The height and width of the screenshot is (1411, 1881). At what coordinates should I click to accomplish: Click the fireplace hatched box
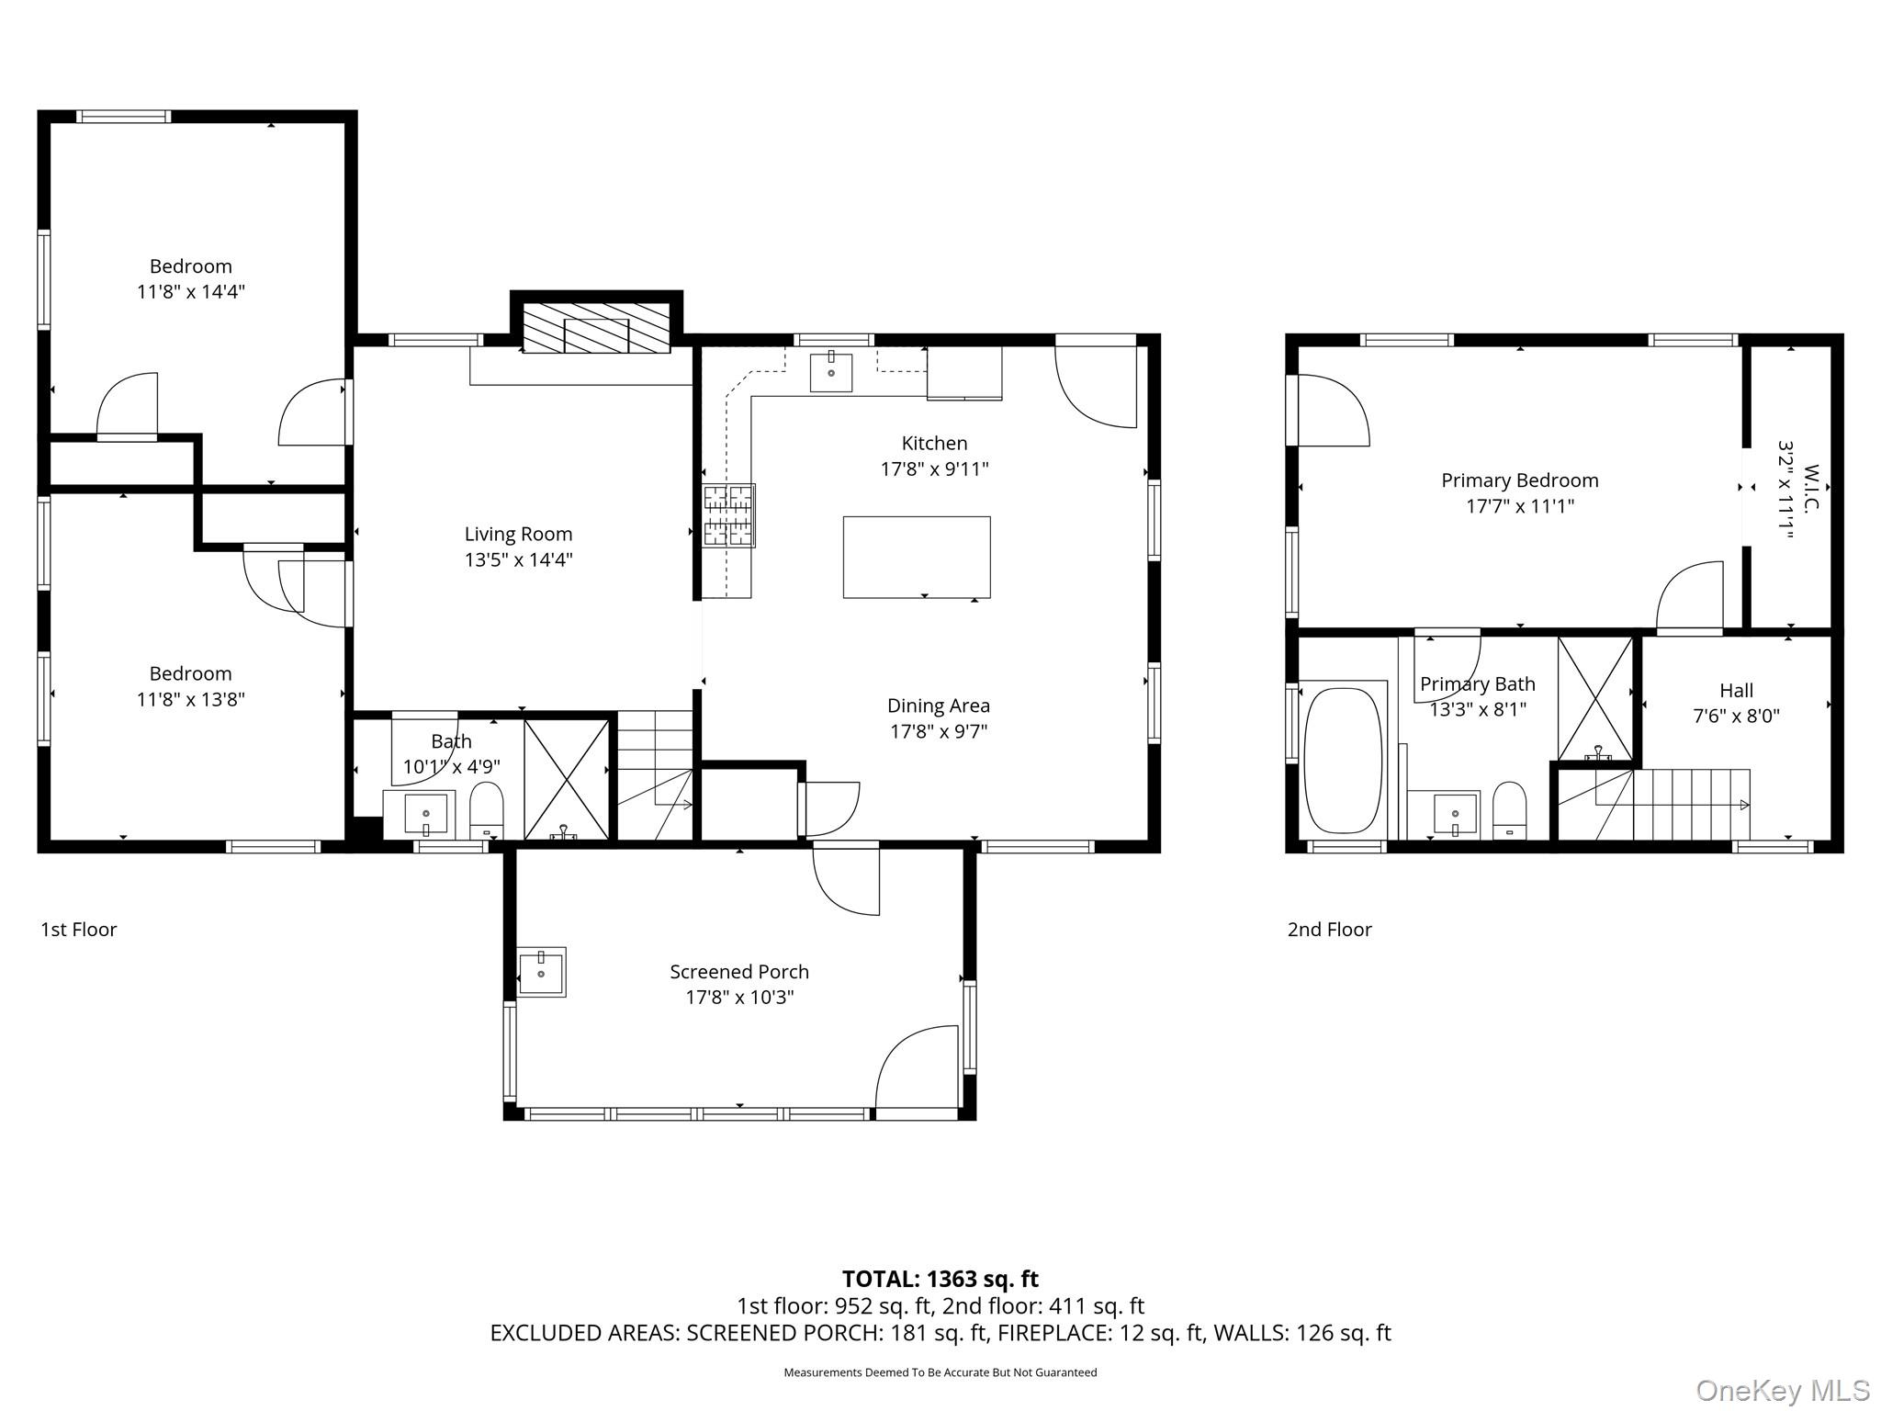[x=596, y=327]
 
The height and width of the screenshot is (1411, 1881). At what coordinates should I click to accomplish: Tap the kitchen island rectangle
[x=916, y=557]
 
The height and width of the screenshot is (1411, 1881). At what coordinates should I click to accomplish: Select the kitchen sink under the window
[x=830, y=372]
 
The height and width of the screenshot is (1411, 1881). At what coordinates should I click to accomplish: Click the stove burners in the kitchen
[x=729, y=515]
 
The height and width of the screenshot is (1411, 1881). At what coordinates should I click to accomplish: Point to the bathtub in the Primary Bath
[x=1343, y=761]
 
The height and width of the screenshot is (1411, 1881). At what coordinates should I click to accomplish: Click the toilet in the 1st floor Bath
[x=487, y=808]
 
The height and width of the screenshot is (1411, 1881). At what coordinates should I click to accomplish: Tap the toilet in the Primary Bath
[x=1509, y=808]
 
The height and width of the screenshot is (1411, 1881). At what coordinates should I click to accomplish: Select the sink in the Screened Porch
[x=541, y=971]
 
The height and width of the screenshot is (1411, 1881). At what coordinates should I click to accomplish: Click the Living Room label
[x=518, y=534]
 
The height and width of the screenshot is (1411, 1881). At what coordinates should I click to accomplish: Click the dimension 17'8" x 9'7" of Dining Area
[x=938, y=731]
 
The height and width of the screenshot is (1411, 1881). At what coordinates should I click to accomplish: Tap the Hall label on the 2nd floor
[x=1736, y=690]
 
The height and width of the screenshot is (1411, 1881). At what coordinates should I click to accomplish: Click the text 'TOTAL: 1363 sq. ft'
[x=940, y=1279]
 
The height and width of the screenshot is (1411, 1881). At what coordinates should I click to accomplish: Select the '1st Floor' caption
[x=79, y=929]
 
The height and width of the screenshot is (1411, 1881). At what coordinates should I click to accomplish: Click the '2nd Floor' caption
[x=1329, y=929]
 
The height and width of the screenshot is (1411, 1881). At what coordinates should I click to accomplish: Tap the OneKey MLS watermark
[x=1782, y=1390]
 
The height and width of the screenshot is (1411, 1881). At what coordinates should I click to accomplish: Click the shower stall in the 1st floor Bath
[x=566, y=779]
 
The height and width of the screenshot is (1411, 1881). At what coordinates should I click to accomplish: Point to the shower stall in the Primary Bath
[x=1596, y=698]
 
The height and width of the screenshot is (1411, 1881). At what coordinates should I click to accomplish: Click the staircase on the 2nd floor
[x=1672, y=805]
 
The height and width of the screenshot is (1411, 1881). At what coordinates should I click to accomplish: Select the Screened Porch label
[x=738, y=971]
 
